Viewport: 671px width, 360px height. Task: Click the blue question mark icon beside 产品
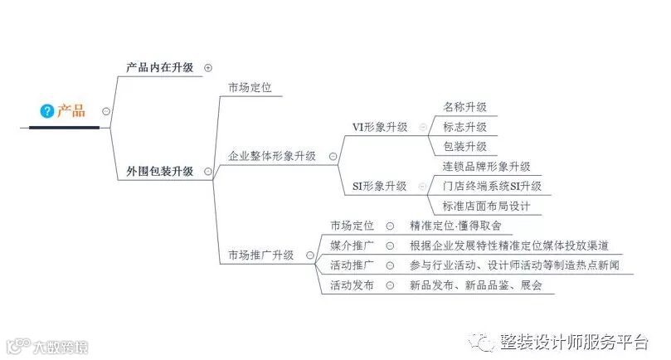[47, 110]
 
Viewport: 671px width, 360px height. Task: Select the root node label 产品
[71, 110]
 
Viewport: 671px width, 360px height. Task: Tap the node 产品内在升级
[159, 67]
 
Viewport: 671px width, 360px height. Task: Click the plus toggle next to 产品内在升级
[207, 68]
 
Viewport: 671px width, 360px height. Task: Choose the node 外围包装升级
[159, 172]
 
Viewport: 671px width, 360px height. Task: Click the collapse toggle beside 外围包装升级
[207, 172]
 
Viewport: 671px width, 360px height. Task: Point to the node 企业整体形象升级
[272, 155]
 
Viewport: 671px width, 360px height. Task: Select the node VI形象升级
[380, 127]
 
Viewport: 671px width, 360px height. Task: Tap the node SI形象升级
[380, 186]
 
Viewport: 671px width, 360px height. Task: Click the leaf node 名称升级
[464, 107]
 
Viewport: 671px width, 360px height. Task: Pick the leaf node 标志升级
[464, 127]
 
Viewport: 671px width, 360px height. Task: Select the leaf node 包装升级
[464, 146]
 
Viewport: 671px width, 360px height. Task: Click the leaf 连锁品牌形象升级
[486, 167]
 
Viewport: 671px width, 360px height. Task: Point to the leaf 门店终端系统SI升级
[492, 186]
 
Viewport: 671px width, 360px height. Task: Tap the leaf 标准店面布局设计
[486, 206]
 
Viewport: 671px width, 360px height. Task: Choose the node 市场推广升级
[261, 255]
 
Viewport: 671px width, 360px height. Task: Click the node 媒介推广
[352, 246]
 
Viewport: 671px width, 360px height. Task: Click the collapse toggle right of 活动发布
[390, 285]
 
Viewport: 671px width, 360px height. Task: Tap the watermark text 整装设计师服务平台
[572, 342]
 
